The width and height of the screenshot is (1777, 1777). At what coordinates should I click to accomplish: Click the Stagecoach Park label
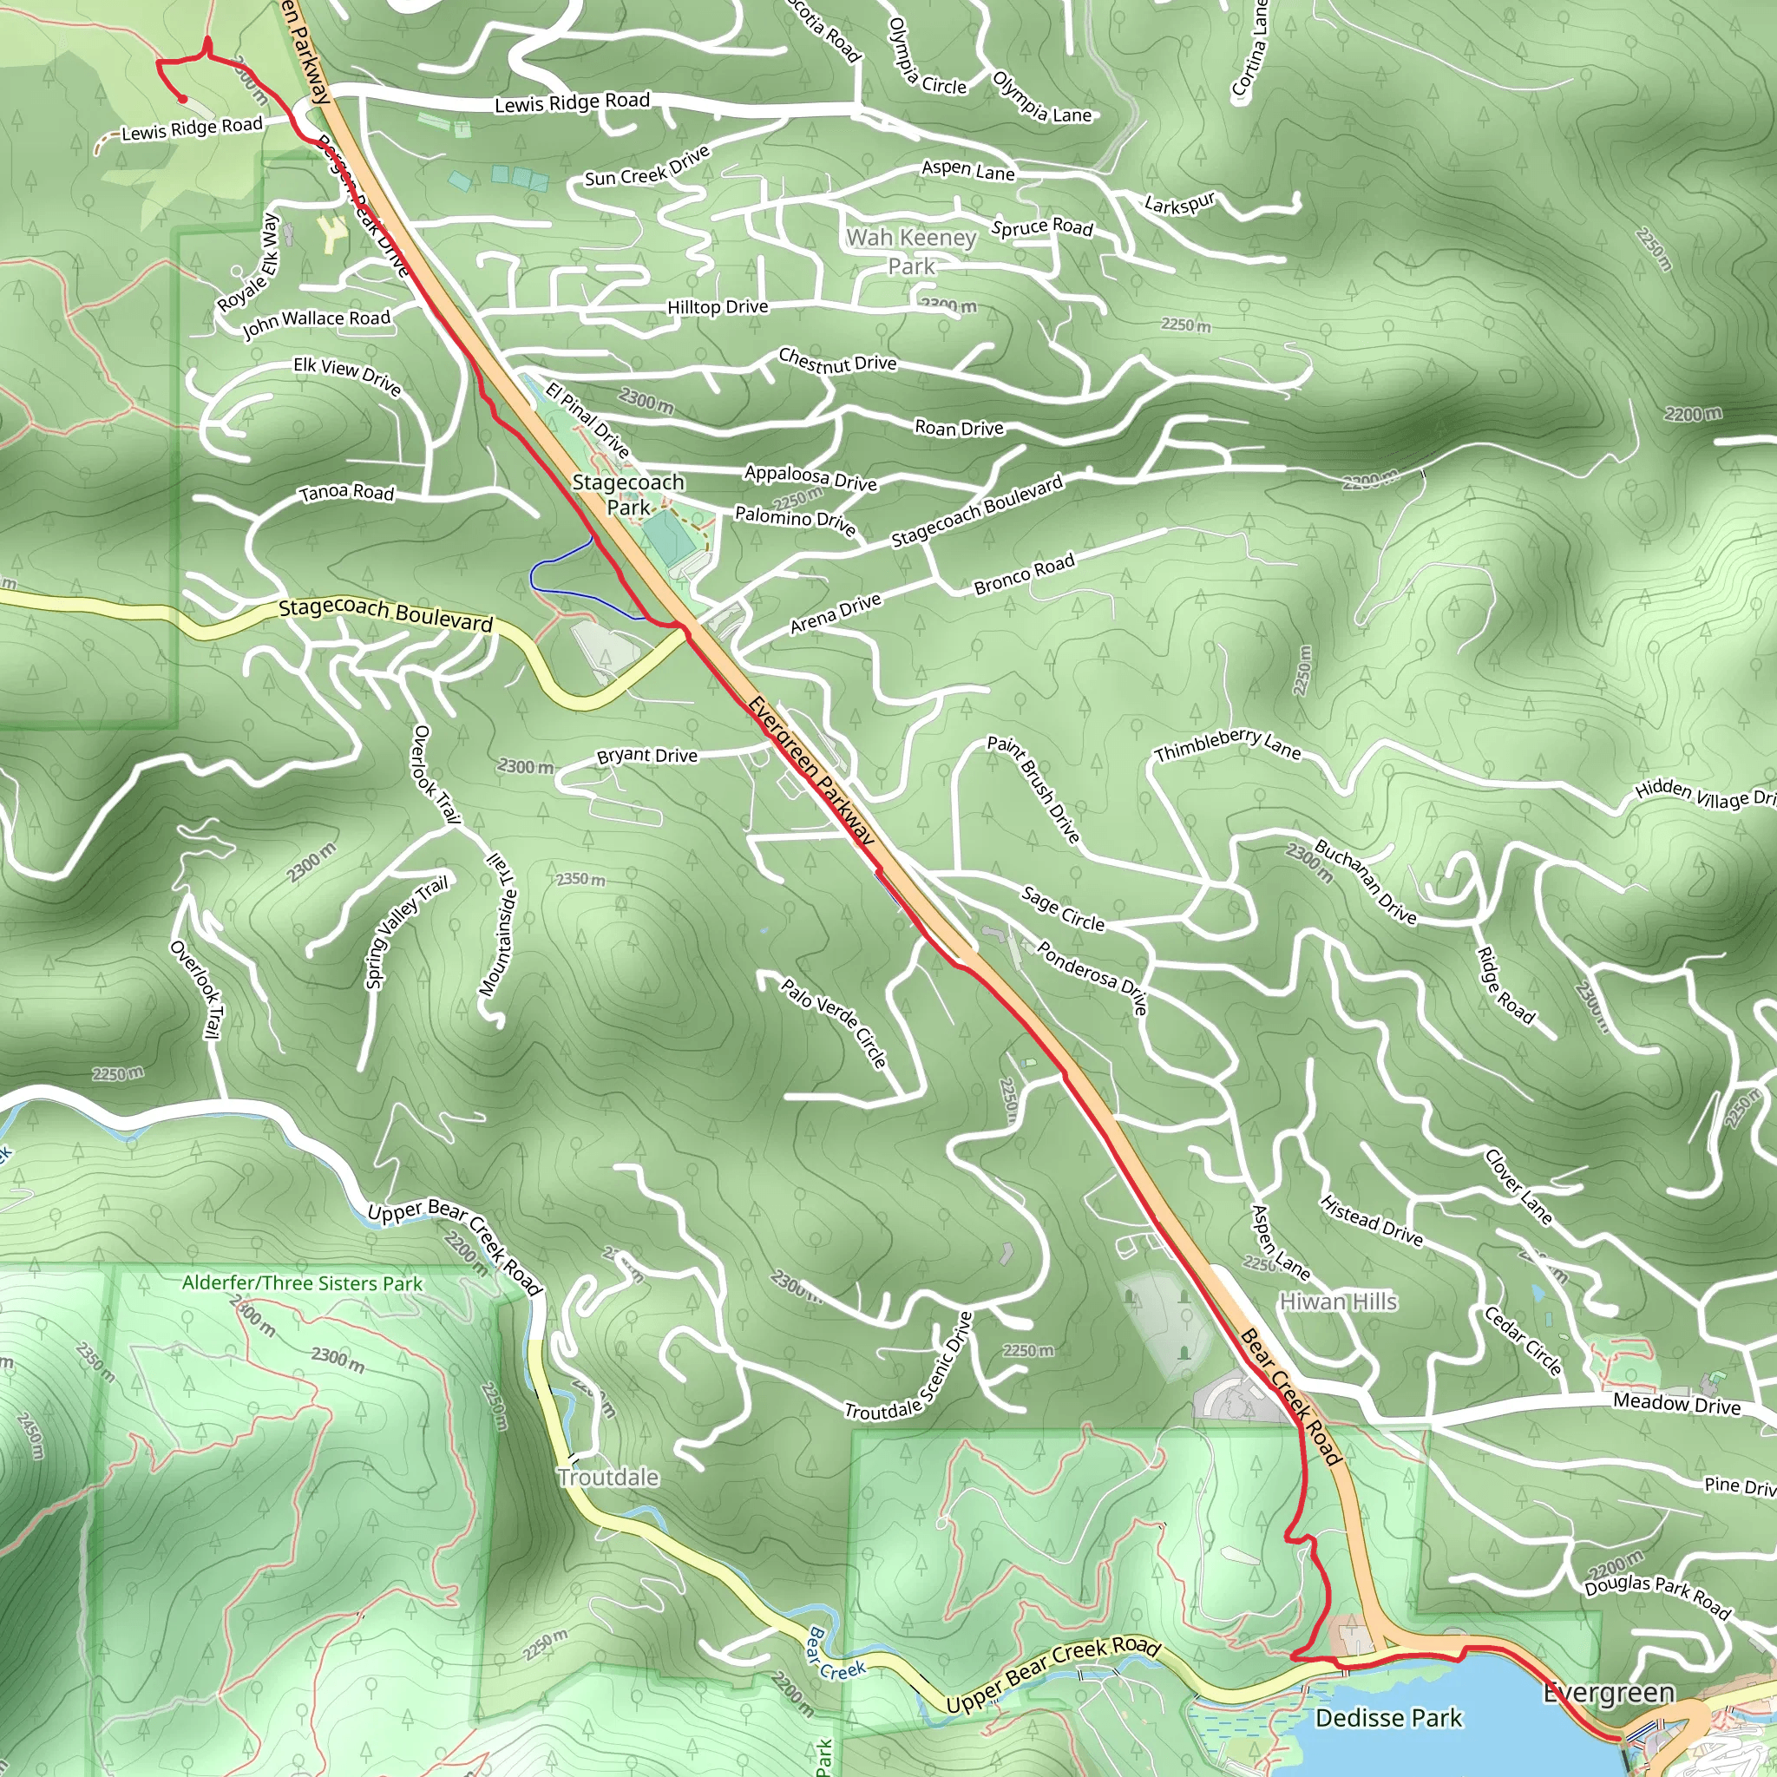(x=628, y=494)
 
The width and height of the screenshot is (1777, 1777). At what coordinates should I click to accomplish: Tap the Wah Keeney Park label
(x=910, y=251)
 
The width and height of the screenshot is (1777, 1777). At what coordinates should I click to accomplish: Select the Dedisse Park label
(x=1388, y=1717)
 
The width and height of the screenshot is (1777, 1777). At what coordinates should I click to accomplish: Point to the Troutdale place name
(x=608, y=1477)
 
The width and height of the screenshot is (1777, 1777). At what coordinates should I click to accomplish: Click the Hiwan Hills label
(x=1338, y=1302)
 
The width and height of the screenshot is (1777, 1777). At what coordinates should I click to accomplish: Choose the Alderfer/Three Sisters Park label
(x=302, y=1283)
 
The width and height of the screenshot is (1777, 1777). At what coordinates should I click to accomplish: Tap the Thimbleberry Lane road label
(x=1227, y=745)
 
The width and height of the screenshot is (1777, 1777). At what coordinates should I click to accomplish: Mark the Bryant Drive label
(x=646, y=755)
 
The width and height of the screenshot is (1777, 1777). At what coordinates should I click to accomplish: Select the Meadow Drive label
(x=1675, y=1405)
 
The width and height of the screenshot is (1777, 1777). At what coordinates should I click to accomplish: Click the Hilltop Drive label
(x=718, y=306)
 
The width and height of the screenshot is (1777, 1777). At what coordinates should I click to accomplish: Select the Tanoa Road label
(x=347, y=492)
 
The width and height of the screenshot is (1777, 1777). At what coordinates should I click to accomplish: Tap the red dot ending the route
(x=182, y=98)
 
